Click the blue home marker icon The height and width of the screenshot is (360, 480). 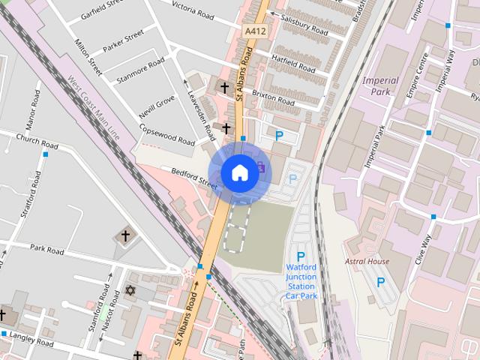239,172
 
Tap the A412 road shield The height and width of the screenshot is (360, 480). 254,31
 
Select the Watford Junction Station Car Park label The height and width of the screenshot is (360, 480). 301,281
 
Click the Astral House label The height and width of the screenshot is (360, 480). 367,261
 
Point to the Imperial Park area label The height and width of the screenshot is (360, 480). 379,85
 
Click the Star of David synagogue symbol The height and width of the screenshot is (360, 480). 129,289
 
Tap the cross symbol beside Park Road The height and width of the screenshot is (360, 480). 126,237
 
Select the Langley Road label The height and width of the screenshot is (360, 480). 33,340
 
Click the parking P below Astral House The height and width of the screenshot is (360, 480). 381,283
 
